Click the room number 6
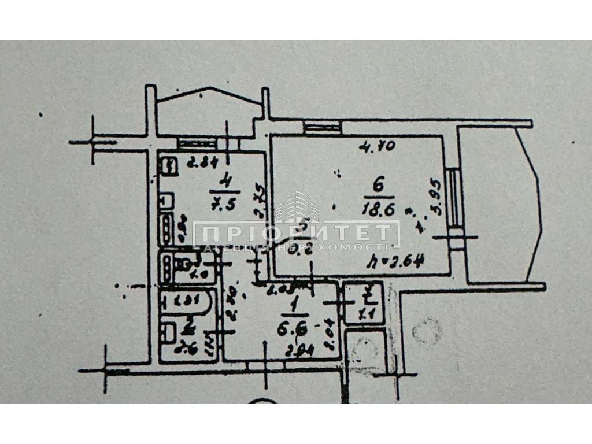[379, 186]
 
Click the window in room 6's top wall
[323, 127]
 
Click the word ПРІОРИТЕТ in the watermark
[295, 234]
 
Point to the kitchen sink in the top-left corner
[168, 166]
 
